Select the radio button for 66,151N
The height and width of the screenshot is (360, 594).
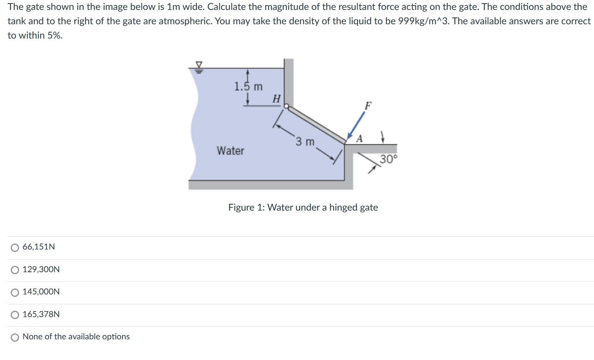15,248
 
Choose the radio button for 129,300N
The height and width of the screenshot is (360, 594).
15,270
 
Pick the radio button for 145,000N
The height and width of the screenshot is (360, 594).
15,292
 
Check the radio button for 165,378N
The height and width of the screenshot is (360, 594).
15,315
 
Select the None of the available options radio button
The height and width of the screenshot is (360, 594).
15,337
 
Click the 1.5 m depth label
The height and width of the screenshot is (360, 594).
248,87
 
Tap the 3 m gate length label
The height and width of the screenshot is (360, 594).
305,141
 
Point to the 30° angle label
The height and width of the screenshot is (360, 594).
388,159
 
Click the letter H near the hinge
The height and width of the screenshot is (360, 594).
276,99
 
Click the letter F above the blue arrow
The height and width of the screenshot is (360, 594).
368,106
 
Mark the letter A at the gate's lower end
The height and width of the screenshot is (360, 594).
359,139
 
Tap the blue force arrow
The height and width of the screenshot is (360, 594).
356,125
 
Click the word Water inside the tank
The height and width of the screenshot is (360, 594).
230,151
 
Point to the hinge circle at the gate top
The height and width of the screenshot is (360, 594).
286,106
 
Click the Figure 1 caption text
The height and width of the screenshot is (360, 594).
303,207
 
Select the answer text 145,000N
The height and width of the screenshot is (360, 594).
41,292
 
